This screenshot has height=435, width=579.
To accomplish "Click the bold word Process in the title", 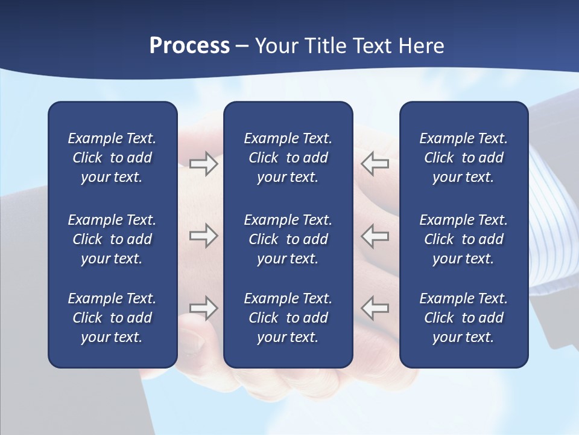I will [x=189, y=46].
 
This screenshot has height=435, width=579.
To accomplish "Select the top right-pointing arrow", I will [x=203, y=164].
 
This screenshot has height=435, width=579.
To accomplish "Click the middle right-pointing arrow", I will [x=203, y=236].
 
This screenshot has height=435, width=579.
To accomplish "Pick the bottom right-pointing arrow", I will [x=203, y=308].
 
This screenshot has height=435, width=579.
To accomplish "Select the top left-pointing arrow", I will [x=375, y=164].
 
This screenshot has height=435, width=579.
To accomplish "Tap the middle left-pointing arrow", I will [x=375, y=236].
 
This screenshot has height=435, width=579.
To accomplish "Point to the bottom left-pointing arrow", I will [x=375, y=308].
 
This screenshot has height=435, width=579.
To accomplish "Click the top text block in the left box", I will [x=112, y=158].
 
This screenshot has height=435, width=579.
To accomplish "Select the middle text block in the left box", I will [x=112, y=239].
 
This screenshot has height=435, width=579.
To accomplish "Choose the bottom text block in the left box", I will [x=112, y=318].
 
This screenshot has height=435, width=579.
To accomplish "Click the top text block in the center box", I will [x=288, y=158].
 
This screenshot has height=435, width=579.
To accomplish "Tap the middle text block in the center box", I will [x=288, y=239].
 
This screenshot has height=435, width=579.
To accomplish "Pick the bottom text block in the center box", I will [x=288, y=318].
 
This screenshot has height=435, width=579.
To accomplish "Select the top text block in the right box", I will [x=463, y=158].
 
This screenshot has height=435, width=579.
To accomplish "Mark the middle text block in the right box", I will [x=463, y=239].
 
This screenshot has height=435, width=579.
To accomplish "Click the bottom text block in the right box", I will [x=463, y=318].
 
